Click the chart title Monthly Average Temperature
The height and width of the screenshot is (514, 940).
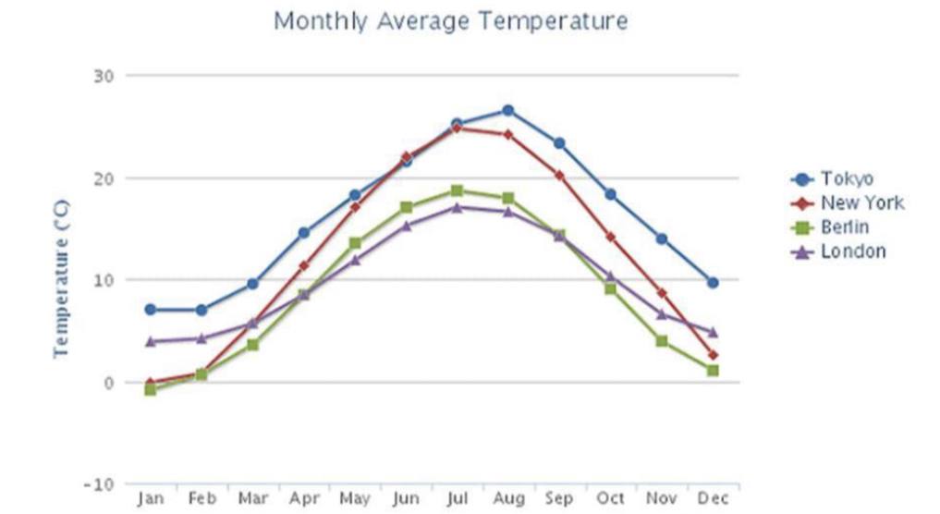coord(450,20)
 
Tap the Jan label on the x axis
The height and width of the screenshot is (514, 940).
coord(150,498)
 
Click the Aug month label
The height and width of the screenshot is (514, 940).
coord(508,498)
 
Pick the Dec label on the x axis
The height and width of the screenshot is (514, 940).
coord(713,498)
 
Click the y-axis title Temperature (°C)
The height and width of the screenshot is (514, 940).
coord(62,277)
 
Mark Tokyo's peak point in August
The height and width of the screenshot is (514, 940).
coord(507,110)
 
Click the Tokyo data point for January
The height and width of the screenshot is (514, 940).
coord(150,310)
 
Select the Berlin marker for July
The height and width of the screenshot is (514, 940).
coord(457,190)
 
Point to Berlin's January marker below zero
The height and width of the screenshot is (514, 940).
coord(150,389)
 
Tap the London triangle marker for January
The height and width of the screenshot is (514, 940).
coord(150,341)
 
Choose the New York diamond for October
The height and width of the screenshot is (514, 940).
coord(610,237)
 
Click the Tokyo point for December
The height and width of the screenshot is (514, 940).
coord(713,283)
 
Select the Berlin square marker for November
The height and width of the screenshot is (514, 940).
coord(662,341)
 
